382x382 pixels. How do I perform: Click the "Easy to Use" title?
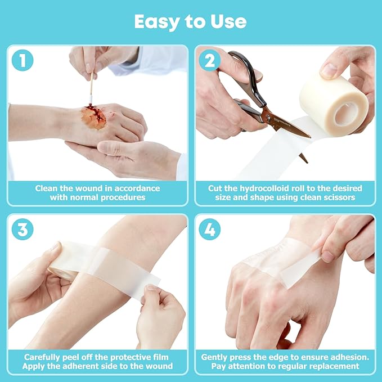click(x=190, y=21)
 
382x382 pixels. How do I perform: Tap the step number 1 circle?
click(x=23, y=60)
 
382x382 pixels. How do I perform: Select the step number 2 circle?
click(x=209, y=60)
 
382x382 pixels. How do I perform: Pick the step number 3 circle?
click(x=23, y=230)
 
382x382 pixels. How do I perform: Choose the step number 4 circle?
click(x=209, y=230)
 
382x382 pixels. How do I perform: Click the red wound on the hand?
click(x=93, y=117)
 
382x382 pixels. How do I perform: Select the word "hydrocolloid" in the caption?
click(x=256, y=188)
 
